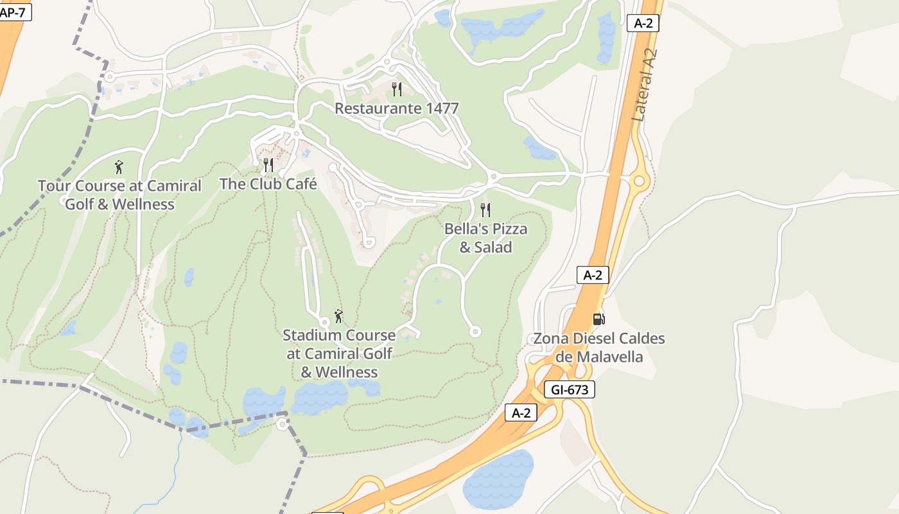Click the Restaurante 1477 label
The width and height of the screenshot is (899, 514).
[396, 108]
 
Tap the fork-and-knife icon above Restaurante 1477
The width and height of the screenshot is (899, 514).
[397, 89]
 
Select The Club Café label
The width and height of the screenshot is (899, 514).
[268, 184]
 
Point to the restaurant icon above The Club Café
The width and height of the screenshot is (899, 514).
[268, 165]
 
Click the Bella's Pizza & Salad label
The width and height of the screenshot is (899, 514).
[485, 238]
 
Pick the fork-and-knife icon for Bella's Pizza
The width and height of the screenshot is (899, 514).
[485, 210]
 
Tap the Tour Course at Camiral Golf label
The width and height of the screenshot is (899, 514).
[119, 195]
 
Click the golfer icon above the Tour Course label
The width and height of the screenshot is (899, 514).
[119, 168]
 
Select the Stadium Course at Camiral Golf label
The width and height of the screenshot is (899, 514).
[339, 353]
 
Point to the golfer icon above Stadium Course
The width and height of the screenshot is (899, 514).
[338, 316]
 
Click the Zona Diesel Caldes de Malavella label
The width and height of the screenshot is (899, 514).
[599, 347]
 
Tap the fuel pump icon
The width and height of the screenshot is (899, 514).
[598, 319]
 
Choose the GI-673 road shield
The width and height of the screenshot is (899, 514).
[570, 389]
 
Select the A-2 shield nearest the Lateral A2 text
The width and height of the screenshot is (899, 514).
[643, 23]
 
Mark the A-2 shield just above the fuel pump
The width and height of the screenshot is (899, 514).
[592, 275]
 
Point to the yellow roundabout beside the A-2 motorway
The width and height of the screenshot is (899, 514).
[638, 181]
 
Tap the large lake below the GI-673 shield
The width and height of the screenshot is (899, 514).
[498, 479]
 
